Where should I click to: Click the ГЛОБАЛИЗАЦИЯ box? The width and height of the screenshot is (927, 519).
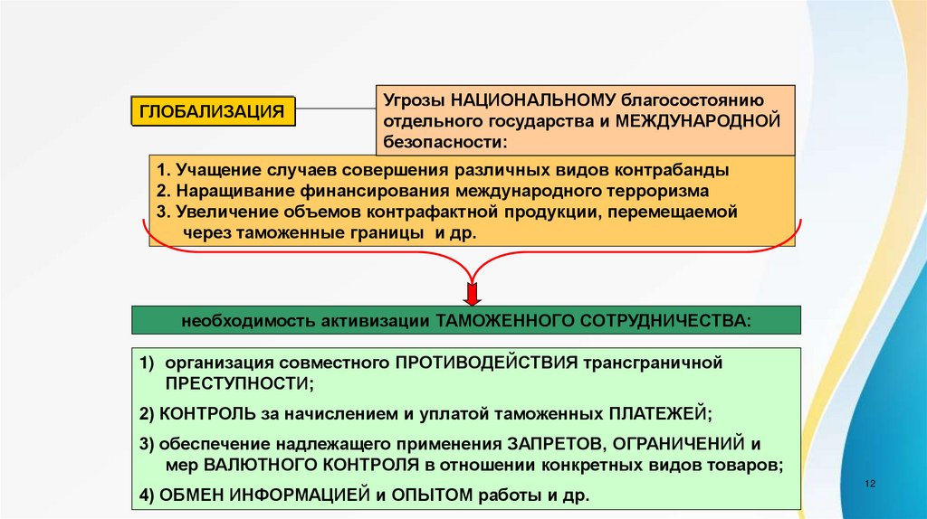pyautogui.click(x=213, y=111)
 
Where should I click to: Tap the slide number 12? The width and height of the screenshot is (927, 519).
pyautogui.click(x=871, y=485)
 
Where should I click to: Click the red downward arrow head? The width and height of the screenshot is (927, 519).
pyautogui.click(x=471, y=295)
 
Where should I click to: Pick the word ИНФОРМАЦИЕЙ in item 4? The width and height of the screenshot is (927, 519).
pyautogui.click(x=299, y=495)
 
